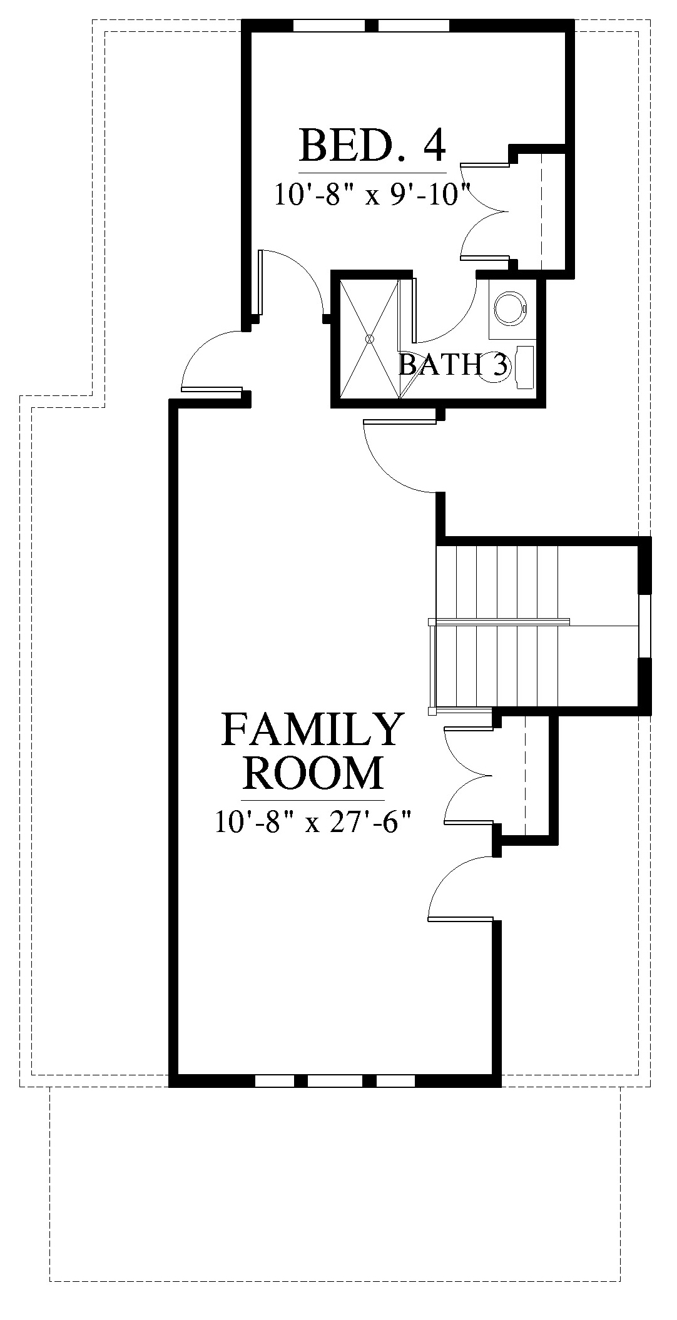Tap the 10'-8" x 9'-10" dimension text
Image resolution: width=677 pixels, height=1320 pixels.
pyautogui.click(x=372, y=194)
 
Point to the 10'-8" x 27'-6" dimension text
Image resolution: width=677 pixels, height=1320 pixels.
pyautogui.click(x=314, y=821)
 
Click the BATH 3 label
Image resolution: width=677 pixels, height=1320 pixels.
pyautogui.click(x=454, y=365)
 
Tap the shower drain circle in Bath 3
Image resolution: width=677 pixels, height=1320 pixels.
pyautogui.click(x=369, y=339)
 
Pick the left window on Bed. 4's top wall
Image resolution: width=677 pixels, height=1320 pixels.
pyautogui.click(x=329, y=26)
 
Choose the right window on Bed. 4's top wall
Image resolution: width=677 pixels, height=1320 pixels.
pyautogui.click(x=414, y=26)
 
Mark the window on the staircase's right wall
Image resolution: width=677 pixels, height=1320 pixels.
pyautogui.click(x=645, y=626)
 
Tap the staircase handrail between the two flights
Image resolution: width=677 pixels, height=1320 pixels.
pyautogui.click(x=499, y=622)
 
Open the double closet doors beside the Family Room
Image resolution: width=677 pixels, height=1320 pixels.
pyautogui.click(x=469, y=775)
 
